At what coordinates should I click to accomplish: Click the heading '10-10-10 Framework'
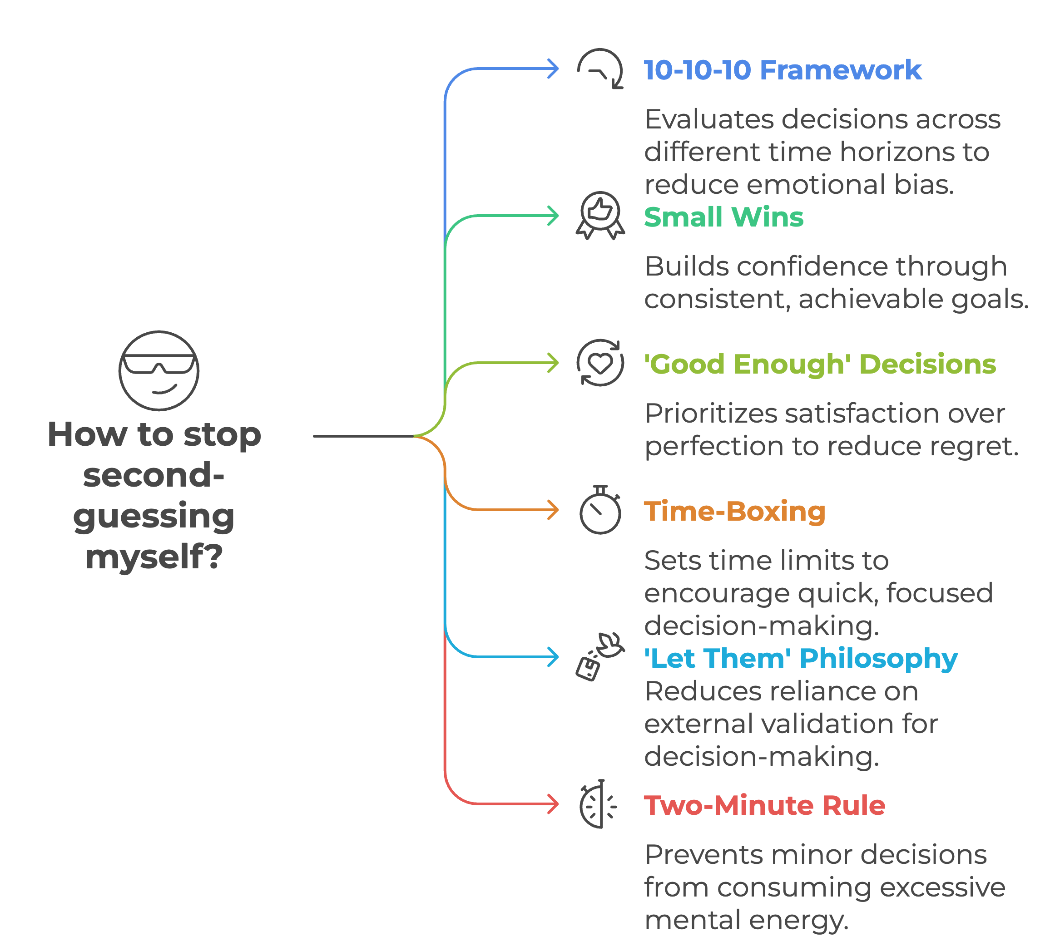pyautogui.click(x=782, y=70)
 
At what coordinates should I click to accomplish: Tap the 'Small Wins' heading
pyautogui.click(x=723, y=217)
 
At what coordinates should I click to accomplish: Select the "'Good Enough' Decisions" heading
pyautogui.click(x=819, y=364)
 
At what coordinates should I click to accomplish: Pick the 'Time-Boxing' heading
pyautogui.click(x=734, y=511)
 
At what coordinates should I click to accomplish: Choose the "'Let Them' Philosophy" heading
pyautogui.click(x=800, y=658)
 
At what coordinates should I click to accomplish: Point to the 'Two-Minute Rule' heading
pyautogui.click(x=764, y=805)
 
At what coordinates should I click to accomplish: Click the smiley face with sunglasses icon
pyautogui.click(x=158, y=370)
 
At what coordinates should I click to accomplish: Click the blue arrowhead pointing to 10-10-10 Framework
pyautogui.click(x=554, y=69)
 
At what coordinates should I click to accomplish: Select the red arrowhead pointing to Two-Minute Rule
pyautogui.click(x=554, y=803)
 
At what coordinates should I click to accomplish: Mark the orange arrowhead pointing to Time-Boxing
pyautogui.click(x=554, y=509)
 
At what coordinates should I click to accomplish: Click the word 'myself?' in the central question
pyautogui.click(x=154, y=557)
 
